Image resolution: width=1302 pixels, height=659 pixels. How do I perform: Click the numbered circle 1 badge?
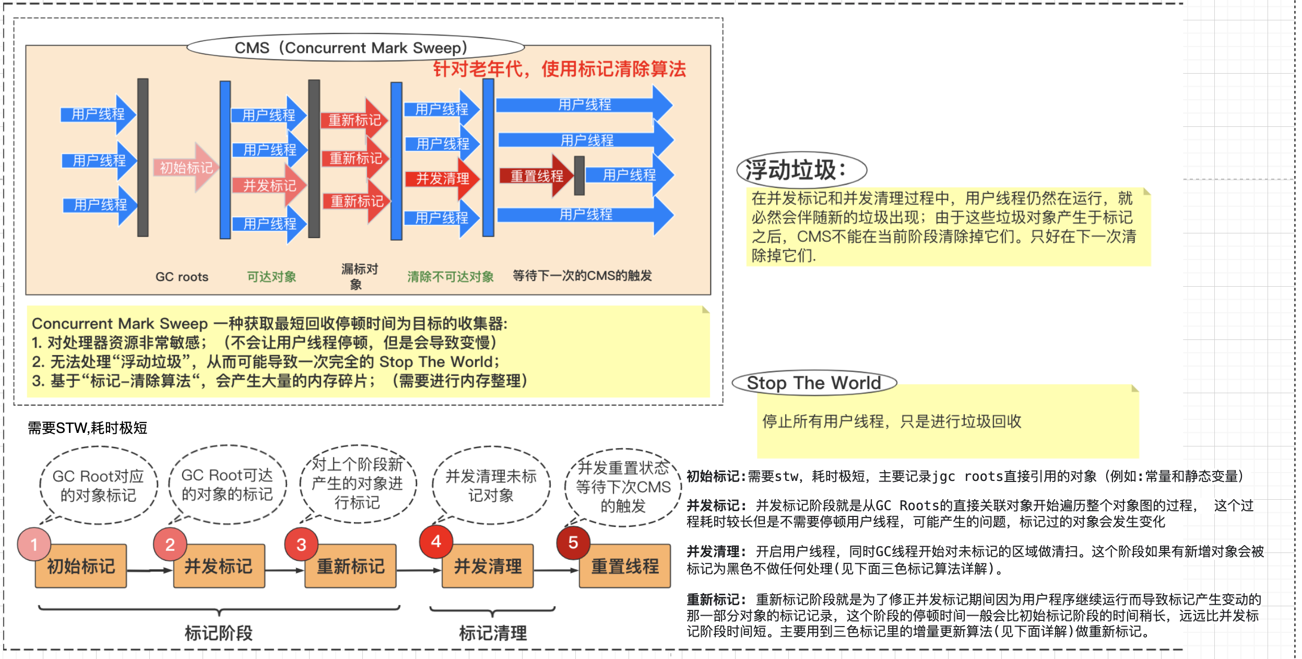pos(34,545)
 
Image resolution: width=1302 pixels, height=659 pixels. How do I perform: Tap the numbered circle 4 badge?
pos(436,542)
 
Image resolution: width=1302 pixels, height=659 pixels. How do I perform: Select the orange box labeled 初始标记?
pos(81,566)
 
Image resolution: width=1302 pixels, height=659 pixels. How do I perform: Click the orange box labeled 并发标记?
pos(219,566)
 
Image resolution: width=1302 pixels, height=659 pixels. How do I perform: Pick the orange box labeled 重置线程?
pos(625,566)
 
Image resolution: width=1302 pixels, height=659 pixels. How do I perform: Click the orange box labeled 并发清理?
pos(488,566)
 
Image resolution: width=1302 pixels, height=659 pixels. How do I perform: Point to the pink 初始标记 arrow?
pos(185,167)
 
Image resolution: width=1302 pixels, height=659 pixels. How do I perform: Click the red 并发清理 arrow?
pos(442,179)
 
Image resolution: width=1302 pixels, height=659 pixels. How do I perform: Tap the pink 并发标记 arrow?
pos(269,185)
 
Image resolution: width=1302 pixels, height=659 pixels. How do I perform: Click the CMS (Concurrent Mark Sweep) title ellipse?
pos(356,48)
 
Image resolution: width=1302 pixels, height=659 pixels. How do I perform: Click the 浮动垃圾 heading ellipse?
pos(801,170)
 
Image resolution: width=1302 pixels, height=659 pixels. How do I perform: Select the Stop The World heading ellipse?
pos(814,383)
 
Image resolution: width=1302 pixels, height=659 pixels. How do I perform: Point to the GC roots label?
pos(182,277)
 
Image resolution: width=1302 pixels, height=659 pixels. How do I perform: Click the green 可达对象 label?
pos(271,277)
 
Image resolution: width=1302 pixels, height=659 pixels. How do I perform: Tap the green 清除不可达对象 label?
pos(451,277)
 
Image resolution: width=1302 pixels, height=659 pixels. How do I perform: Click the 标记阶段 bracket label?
pos(219,633)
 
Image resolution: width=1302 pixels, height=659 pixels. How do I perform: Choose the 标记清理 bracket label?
pos(493,633)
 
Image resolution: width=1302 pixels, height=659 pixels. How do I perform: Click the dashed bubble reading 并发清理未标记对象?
pos(491,485)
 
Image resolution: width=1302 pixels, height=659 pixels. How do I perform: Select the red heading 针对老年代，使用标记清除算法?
pos(559,69)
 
